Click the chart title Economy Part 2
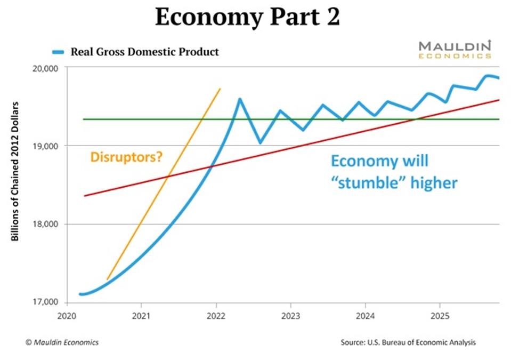(247, 18)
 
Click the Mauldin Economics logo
(454, 49)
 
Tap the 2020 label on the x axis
(66, 314)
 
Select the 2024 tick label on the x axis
(365, 314)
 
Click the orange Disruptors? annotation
(126, 157)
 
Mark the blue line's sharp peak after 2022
(240, 99)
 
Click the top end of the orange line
(220, 89)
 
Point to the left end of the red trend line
(85, 196)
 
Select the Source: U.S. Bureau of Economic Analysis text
(408, 342)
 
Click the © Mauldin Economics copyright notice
(62, 342)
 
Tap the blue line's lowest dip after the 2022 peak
(260, 143)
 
